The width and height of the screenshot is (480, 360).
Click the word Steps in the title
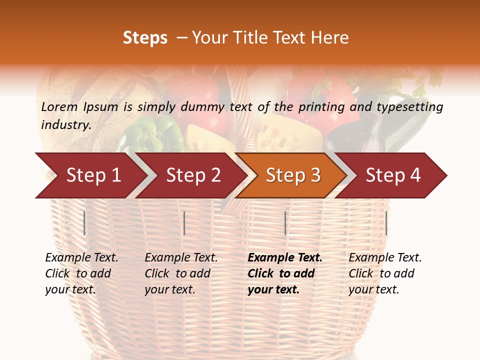pos(145,38)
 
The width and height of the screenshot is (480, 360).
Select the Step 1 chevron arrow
pos(90,175)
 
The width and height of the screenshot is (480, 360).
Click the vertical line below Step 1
pos(84,223)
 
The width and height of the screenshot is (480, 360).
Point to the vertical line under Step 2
pos(184,223)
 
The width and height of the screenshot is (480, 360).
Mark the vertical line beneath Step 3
pos(285,223)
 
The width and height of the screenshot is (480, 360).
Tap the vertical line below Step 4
pos(386,223)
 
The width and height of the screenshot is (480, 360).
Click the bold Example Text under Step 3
pos(285,258)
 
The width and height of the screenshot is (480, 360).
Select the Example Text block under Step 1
pos(81,273)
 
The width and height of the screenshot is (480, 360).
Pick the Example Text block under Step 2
pos(181,273)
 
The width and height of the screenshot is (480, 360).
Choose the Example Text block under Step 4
pos(385,273)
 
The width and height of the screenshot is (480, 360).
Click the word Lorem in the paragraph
pos(59,106)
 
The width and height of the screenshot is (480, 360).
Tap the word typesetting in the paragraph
pos(409,106)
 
